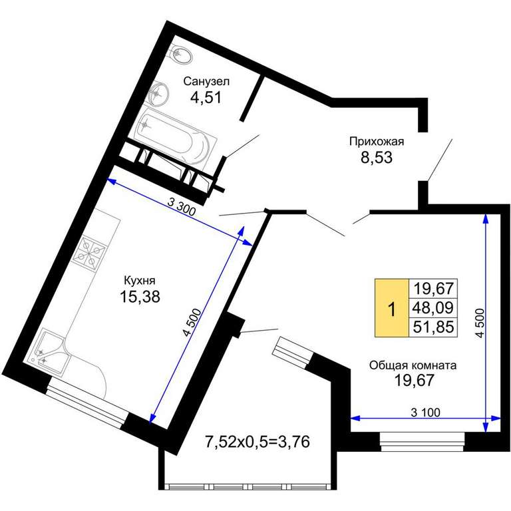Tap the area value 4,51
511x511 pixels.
206,97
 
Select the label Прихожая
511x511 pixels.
377,142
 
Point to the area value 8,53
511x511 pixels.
377,158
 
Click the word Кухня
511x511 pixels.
140,280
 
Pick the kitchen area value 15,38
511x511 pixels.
140,297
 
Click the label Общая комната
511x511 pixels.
413,365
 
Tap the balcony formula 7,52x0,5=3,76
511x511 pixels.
257,442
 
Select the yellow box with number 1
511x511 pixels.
392,307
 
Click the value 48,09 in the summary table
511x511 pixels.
433,307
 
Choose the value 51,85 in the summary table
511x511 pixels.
433,327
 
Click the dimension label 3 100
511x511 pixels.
425,413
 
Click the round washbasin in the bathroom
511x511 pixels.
158,93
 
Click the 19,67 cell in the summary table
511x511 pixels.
433,288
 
